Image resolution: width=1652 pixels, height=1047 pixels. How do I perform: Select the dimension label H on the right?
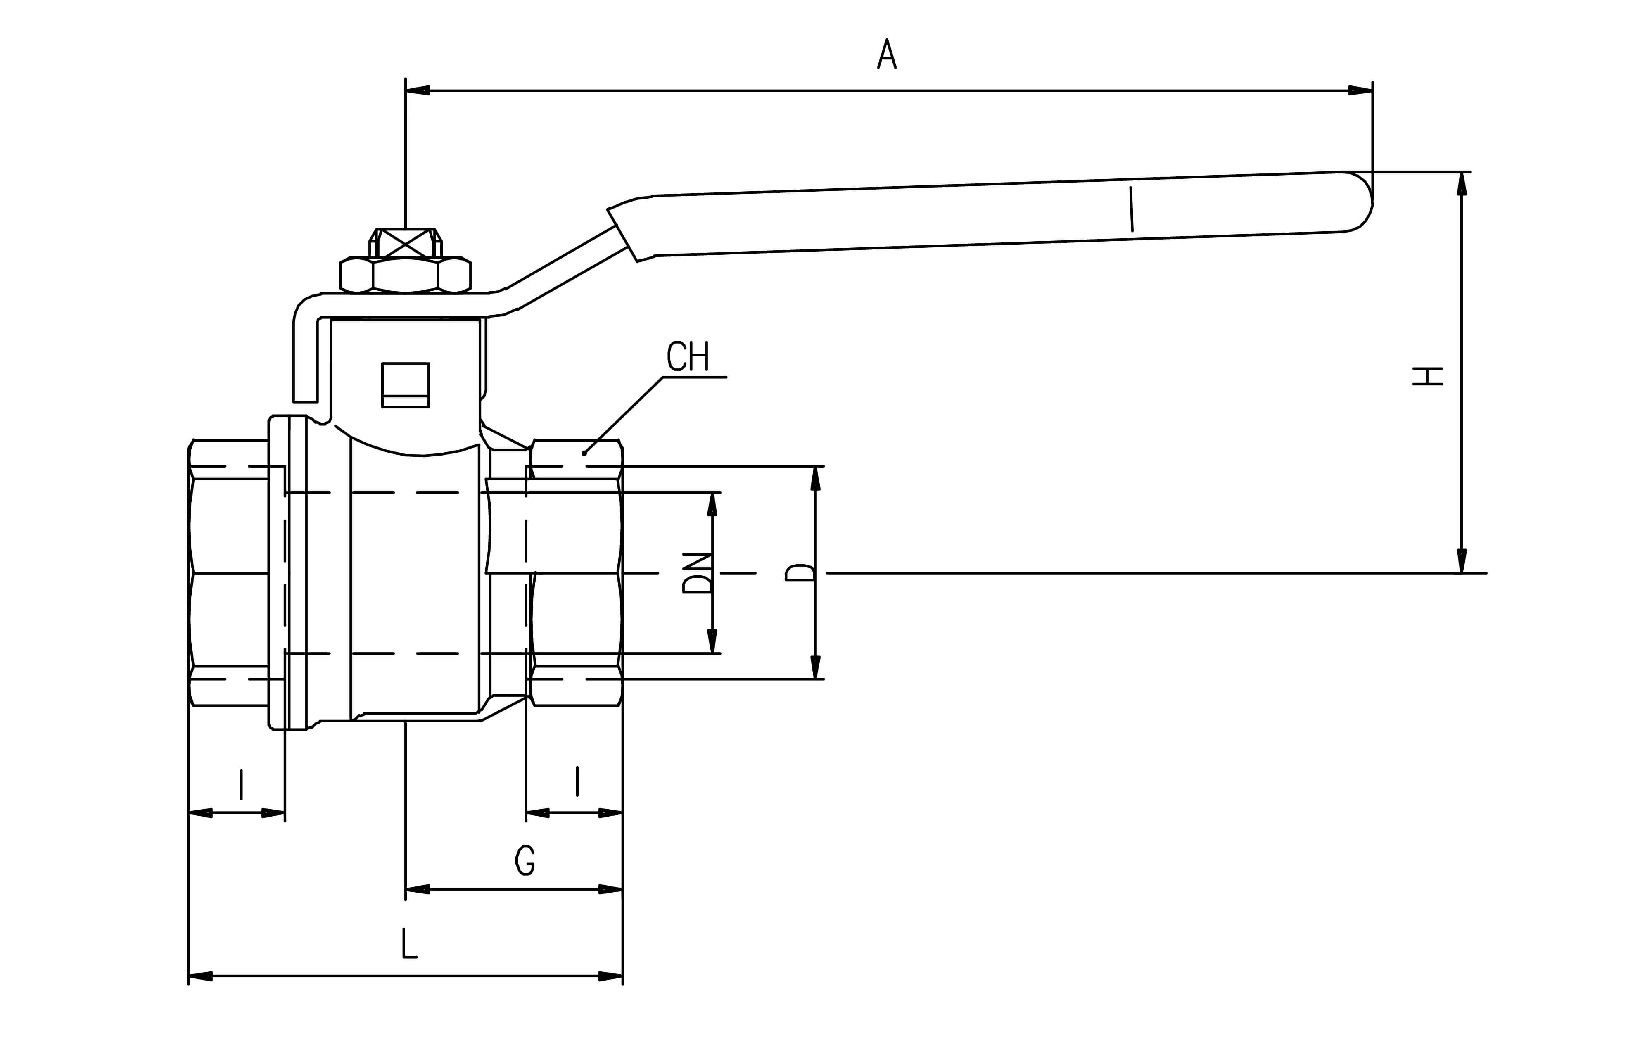[x=1428, y=376]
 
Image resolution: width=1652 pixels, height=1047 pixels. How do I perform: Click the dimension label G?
[x=525, y=860]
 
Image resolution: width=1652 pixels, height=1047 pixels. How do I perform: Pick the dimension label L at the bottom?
[x=409, y=943]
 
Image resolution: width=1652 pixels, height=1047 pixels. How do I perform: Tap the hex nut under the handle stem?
[x=406, y=275]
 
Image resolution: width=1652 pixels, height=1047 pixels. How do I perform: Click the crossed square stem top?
[x=406, y=243]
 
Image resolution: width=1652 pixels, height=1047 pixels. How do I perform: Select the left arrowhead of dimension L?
[x=200, y=976]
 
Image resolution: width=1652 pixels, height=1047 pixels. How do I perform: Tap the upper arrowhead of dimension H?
[x=1462, y=183]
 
